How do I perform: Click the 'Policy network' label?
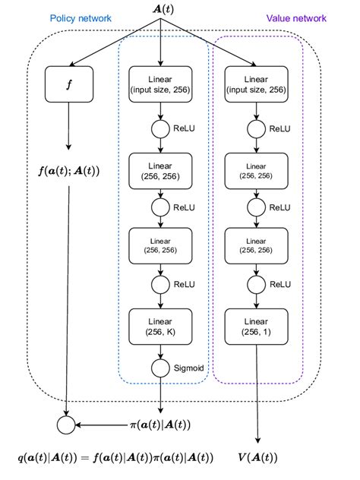(x=81, y=17)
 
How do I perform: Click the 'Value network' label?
(x=296, y=17)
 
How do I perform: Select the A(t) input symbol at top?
(x=160, y=9)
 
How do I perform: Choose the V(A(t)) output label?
(x=259, y=458)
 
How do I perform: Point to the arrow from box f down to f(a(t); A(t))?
(x=69, y=125)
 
